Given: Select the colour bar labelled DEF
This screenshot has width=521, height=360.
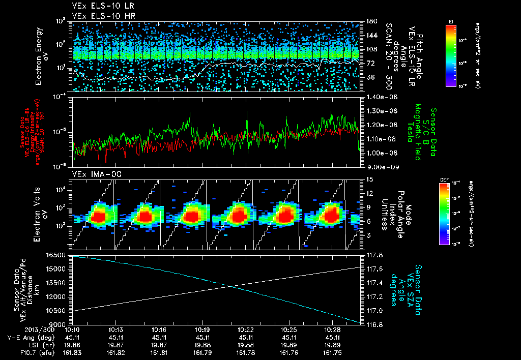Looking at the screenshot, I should coord(444,214).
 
